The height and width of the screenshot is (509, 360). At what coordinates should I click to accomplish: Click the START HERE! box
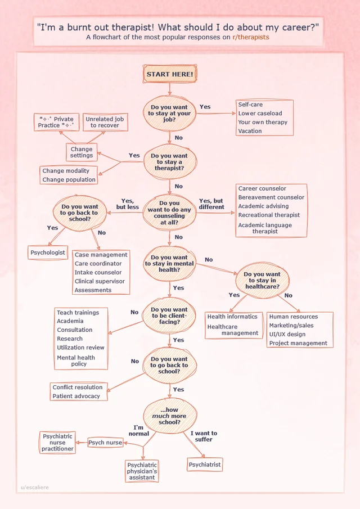tap(170, 74)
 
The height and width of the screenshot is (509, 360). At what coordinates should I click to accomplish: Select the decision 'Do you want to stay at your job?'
tap(169, 113)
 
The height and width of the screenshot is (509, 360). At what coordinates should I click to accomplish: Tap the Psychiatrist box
tap(205, 465)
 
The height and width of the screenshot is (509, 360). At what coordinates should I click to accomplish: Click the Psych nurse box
tap(105, 443)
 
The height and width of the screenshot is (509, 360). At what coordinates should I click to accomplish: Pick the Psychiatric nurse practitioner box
tap(57, 443)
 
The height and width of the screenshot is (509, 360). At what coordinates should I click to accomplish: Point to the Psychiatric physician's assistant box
tap(142, 471)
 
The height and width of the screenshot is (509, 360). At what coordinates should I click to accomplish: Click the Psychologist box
tap(48, 253)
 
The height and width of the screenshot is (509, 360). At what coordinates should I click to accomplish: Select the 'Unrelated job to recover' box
tap(105, 122)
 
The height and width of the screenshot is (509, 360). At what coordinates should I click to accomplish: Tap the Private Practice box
tap(56, 122)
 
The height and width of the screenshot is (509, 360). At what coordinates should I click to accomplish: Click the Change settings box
tap(82, 152)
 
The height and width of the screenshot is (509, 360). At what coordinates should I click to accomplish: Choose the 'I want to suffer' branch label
tap(204, 436)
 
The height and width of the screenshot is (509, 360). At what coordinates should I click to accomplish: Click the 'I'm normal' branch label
tap(139, 431)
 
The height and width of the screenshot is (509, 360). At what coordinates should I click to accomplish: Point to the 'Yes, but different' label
tap(211, 204)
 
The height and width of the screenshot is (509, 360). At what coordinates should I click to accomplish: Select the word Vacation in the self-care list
tap(250, 131)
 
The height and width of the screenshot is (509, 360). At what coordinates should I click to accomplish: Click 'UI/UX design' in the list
tap(287, 334)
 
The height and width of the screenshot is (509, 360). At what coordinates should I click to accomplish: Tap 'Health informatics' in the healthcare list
tap(232, 317)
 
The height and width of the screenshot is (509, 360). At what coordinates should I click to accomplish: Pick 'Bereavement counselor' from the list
tap(271, 197)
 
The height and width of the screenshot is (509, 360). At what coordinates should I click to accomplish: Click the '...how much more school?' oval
tap(169, 416)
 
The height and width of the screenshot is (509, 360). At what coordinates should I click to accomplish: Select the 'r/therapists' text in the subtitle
tap(250, 37)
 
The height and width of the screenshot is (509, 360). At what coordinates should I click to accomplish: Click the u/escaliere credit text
tap(35, 488)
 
